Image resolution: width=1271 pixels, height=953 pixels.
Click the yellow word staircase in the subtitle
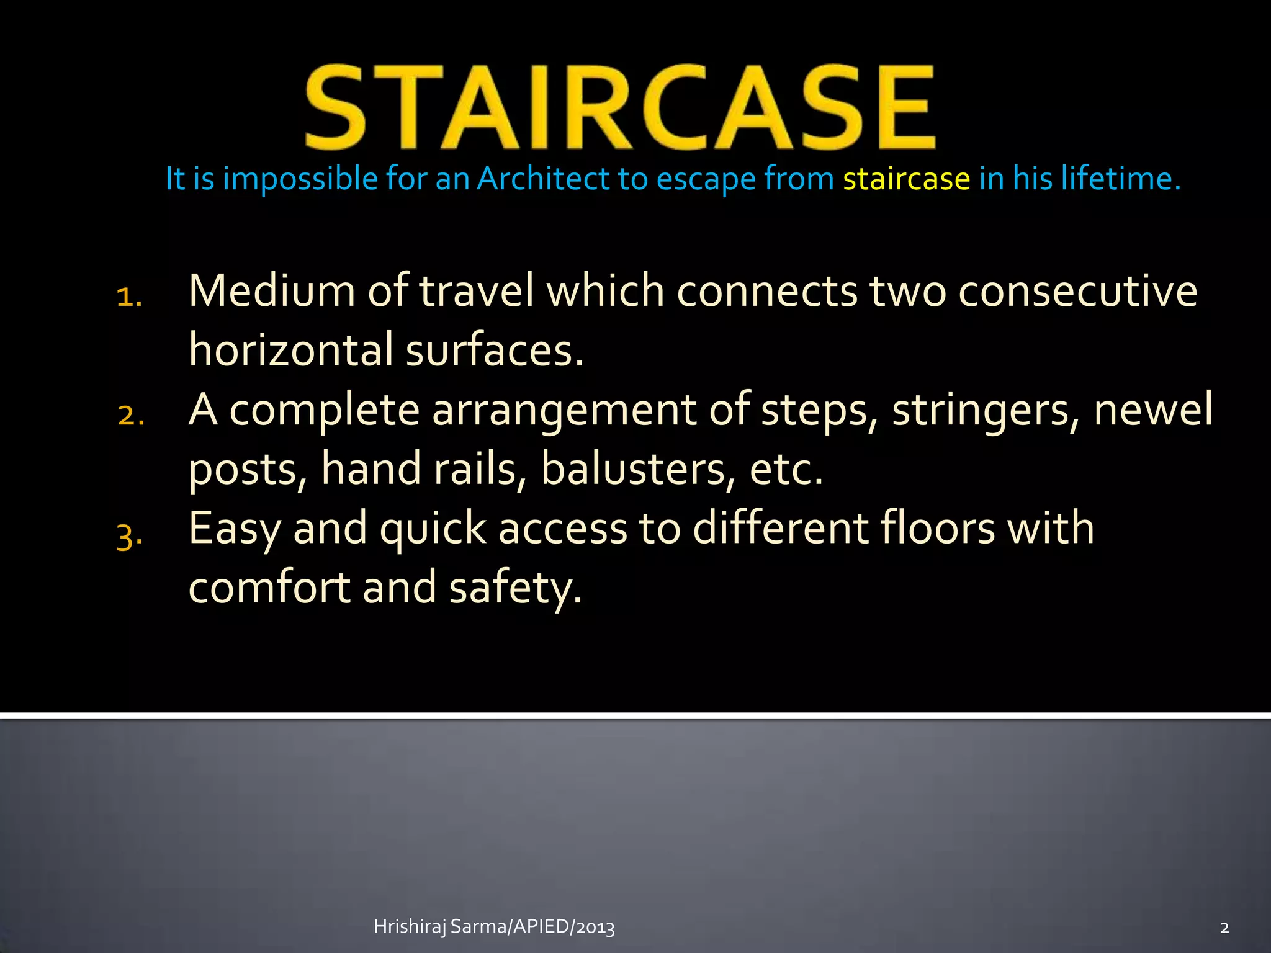click(906, 179)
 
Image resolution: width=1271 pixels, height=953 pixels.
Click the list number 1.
click(129, 297)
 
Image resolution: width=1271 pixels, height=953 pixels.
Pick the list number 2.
click(130, 415)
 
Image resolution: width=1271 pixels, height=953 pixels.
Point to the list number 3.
click(129, 535)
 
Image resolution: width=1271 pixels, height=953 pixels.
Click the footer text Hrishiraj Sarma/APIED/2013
click(494, 927)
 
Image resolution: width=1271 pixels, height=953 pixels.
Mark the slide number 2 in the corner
click(1224, 928)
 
